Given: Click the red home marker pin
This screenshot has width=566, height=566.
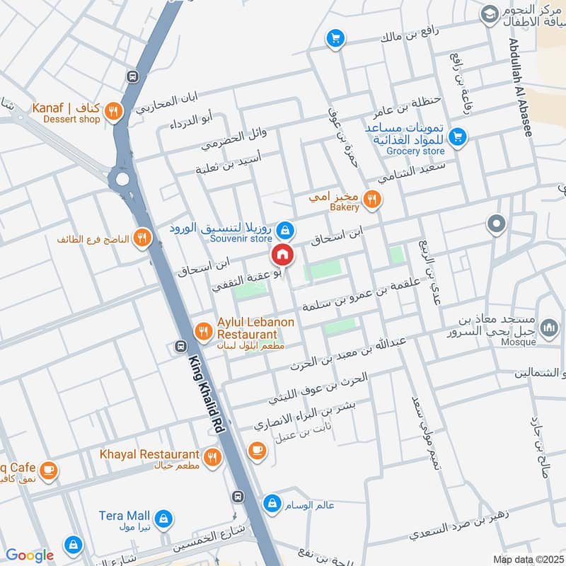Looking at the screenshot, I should pyautogui.click(x=282, y=254).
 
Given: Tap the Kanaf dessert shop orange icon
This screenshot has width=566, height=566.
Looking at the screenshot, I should pyautogui.click(x=112, y=110).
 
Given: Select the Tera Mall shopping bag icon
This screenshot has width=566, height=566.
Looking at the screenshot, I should pyautogui.click(x=163, y=518).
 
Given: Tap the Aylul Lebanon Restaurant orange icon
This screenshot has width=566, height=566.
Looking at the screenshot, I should pyautogui.click(x=203, y=330).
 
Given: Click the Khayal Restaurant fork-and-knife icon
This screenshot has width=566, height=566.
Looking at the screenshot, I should pyautogui.click(x=212, y=458).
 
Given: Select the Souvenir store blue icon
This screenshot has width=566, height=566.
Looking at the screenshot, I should pyautogui.click(x=285, y=230).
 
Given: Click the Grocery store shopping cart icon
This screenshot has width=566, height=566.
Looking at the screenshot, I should pyautogui.click(x=457, y=136).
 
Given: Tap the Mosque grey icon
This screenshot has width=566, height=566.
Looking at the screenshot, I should pyautogui.click(x=548, y=328).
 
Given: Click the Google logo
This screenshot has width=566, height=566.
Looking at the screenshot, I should pyautogui.click(x=30, y=555).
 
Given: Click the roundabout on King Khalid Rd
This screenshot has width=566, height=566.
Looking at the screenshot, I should pyautogui.click(x=124, y=178).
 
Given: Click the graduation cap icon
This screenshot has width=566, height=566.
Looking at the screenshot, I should pyautogui.click(x=489, y=13).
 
